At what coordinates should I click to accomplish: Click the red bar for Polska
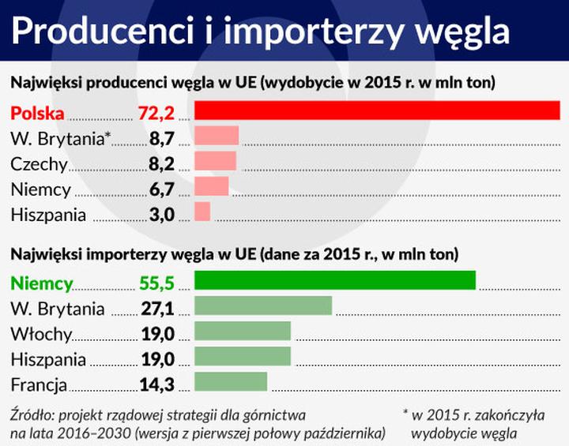pyautogui.click(x=377, y=111)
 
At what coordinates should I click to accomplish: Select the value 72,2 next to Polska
pyautogui.click(x=156, y=113)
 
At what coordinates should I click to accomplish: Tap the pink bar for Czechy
pyautogui.click(x=215, y=162)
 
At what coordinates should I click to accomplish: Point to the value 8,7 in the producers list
pyautogui.click(x=161, y=139)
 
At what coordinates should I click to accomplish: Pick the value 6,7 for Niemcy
pyautogui.click(x=161, y=189)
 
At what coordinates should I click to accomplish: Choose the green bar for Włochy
pyautogui.click(x=243, y=332)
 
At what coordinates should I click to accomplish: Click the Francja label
pyautogui.click(x=39, y=384)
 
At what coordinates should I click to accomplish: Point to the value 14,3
pyautogui.click(x=156, y=384)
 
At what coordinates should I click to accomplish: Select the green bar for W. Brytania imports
pyautogui.click(x=262, y=306)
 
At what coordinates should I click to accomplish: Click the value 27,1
pyautogui.click(x=157, y=309)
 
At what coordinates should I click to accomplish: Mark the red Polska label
pyautogui.click(x=37, y=113)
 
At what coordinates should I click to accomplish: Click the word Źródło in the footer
pyautogui.click(x=32, y=414)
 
